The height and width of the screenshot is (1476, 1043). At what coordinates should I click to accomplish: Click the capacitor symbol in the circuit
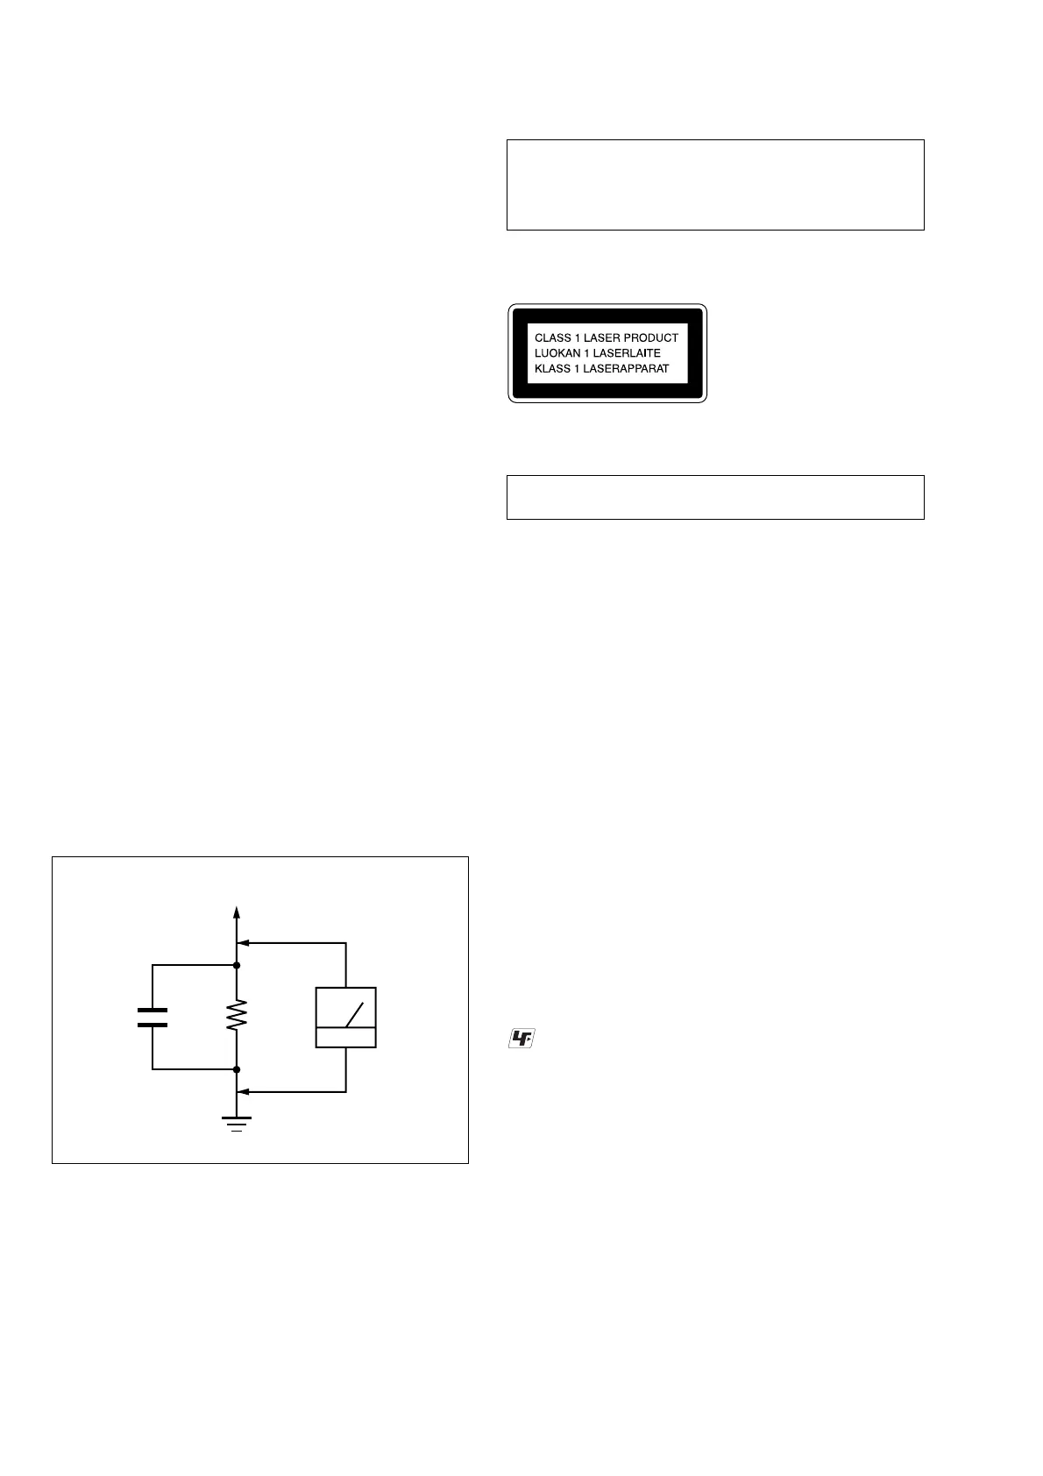click(153, 1017)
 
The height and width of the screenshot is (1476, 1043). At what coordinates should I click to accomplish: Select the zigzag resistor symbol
click(237, 1017)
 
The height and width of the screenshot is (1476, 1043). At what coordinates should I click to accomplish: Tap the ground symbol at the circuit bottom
click(237, 1123)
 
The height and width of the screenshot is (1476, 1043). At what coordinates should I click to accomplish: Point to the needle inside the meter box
click(354, 1014)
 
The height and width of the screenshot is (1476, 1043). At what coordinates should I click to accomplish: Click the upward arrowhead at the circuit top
click(237, 912)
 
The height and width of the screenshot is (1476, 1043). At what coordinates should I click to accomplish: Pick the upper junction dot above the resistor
click(237, 965)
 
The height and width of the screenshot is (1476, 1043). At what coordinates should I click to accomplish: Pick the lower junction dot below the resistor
click(237, 1069)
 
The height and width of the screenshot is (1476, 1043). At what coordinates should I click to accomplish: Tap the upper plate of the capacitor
click(153, 1010)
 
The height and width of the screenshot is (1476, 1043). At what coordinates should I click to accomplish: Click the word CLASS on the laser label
click(553, 337)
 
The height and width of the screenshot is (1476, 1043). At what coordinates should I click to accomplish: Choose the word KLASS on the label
click(552, 369)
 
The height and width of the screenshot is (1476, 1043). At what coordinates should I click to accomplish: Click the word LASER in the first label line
click(603, 337)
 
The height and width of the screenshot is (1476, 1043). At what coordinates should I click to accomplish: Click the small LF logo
click(521, 1040)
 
